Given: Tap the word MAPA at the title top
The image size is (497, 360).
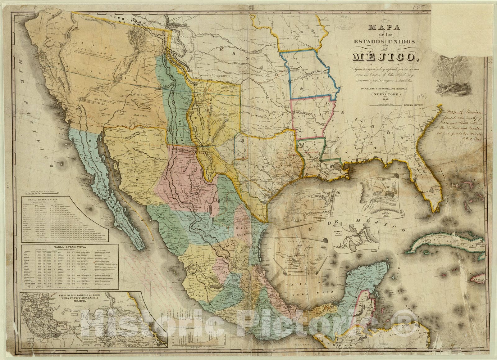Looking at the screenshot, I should coord(385,27).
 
